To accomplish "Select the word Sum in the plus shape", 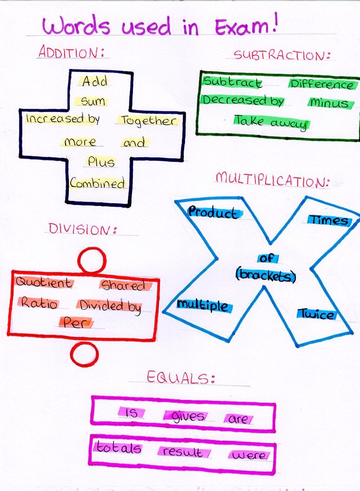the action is [x=93, y=101].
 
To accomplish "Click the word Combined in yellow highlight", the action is [x=98, y=183].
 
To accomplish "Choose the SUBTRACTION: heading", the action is [x=281, y=55].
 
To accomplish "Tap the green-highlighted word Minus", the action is [x=328, y=103].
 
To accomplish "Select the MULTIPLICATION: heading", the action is [x=272, y=179].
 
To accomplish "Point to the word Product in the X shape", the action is [x=212, y=213].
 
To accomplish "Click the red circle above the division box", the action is [x=92, y=259].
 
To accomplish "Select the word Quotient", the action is [x=44, y=283].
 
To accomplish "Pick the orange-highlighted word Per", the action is [x=76, y=322].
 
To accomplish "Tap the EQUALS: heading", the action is [x=181, y=377].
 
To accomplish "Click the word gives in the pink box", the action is [x=188, y=416].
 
